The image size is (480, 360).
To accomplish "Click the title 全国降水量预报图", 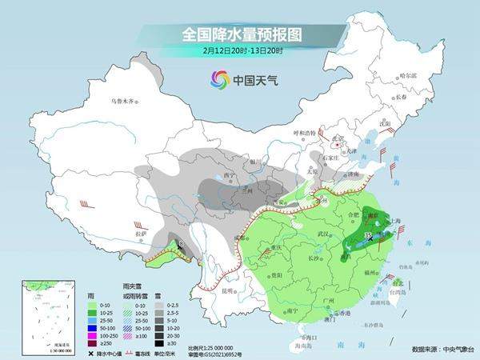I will point(239,34).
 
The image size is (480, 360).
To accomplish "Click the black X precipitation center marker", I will point(369,237).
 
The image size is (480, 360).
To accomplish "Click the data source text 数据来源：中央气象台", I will point(442,350).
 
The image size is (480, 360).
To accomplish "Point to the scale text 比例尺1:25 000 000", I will point(213,348).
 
